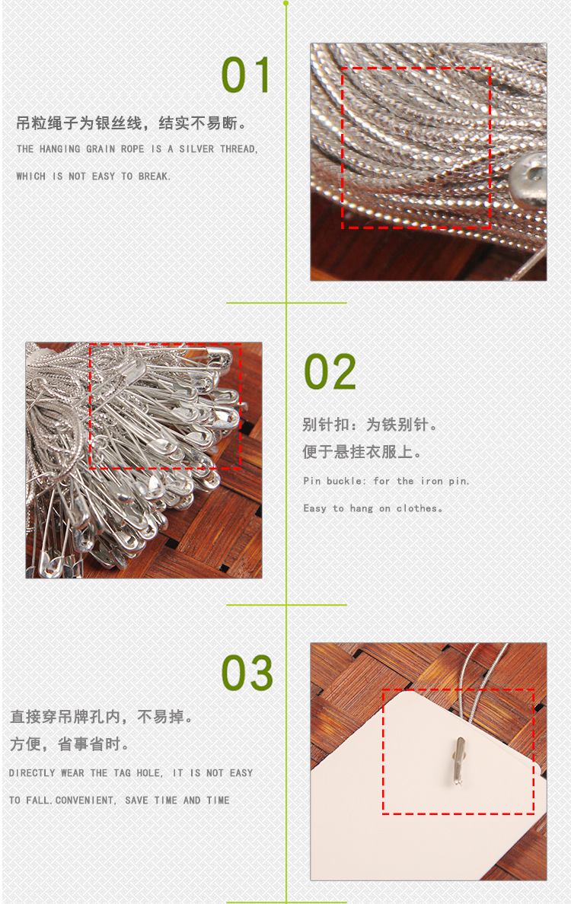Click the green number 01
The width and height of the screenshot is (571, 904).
point(246,75)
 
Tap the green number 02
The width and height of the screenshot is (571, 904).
point(330,372)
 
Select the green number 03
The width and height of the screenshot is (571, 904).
point(247,672)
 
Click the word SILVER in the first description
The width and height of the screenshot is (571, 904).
point(196,148)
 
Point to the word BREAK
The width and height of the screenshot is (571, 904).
point(154,177)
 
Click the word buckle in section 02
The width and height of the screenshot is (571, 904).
point(346,481)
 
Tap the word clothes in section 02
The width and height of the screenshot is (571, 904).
point(419,508)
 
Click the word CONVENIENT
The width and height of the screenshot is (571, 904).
point(85,801)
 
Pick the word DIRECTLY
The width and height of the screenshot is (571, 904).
point(32,773)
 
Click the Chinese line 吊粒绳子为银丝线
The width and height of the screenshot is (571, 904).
point(79,123)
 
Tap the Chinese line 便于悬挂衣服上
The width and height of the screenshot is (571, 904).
point(361,452)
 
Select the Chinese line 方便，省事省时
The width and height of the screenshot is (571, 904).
point(69,744)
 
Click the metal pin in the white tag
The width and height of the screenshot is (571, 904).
point(458,761)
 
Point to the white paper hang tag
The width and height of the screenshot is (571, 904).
point(427,790)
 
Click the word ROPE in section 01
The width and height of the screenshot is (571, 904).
point(132,148)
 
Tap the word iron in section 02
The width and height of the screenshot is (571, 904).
point(432,481)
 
